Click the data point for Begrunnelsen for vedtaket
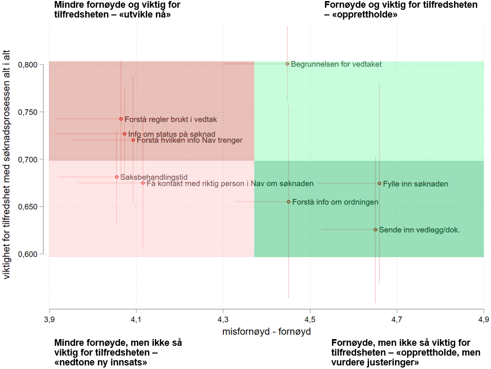click(287, 64)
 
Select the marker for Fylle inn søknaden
click(379, 183)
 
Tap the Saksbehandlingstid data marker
click(117, 177)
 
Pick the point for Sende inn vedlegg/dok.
click(375, 230)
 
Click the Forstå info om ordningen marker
click(288, 202)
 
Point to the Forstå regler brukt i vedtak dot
click(121, 119)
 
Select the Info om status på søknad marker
click(125, 134)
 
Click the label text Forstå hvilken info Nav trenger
click(189, 140)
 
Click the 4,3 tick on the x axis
click(223, 320)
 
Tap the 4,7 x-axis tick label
click(396, 320)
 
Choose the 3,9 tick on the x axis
click(49, 320)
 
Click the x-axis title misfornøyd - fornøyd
click(266, 331)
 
